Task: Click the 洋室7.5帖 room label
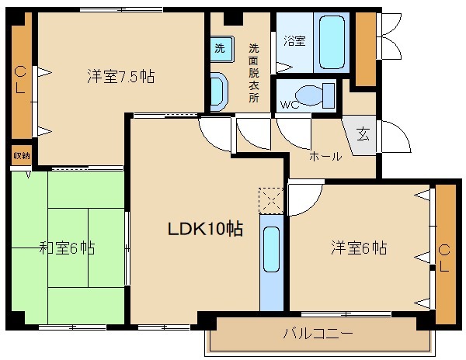(120, 77)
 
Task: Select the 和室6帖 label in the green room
(68, 249)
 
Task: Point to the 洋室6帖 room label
(360, 249)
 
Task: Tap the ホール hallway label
(325, 157)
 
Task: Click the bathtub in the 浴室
(332, 40)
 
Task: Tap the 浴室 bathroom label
(294, 41)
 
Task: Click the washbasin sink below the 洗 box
(217, 91)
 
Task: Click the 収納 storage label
(21, 156)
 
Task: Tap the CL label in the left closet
(20, 81)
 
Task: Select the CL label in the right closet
(445, 255)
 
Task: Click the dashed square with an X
(270, 199)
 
